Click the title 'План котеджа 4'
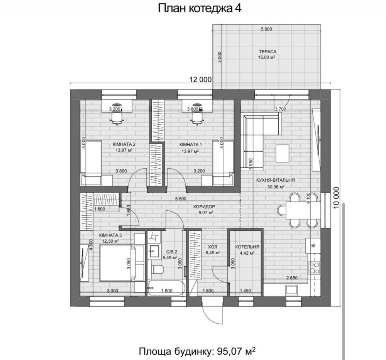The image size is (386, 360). coord(200,8)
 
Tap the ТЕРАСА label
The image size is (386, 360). coord(267,52)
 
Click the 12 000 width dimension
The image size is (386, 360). coord(200,79)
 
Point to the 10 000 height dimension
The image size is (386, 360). coord(336,198)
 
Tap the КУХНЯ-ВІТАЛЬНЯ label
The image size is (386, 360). coord(276,180)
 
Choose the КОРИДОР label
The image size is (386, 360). coord(204,207)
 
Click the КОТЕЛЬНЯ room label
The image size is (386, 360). coord(247,247)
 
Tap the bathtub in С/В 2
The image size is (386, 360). coord(166,288)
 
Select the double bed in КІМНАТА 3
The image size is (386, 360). coord(117,263)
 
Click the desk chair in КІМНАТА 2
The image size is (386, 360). coord(117,118)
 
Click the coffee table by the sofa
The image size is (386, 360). coord(283,153)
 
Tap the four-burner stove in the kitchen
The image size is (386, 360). coord(314,268)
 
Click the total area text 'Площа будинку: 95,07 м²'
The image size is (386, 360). coord(197,351)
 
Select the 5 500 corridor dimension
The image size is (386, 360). coord(181,199)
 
